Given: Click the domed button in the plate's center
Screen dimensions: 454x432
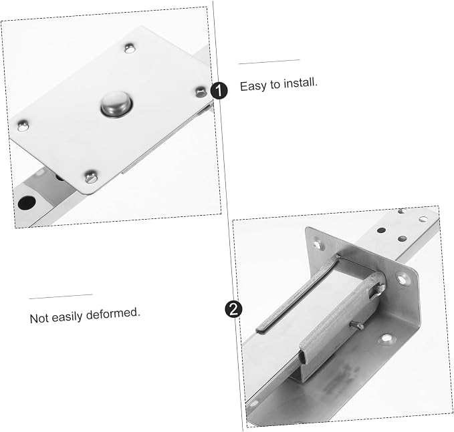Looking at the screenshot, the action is pyautogui.click(x=117, y=104).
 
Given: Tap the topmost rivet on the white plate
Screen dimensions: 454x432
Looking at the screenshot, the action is pyautogui.click(x=130, y=48).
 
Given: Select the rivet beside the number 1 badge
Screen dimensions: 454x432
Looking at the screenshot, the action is pyautogui.click(x=201, y=92).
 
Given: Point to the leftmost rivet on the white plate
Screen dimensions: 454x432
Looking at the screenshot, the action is pyautogui.click(x=23, y=126).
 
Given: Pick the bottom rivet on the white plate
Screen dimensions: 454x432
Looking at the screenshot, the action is pyautogui.click(x=91, y=176).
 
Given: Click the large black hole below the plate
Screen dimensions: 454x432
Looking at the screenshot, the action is pyautogui.click(x=27, y=203).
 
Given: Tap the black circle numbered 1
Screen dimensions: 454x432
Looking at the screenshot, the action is pyautogui.click(x=219, y=91).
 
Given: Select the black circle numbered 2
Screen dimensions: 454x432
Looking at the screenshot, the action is pyautogui.click(x=233, y=309).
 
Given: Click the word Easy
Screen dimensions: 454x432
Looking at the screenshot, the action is pyautogui.click(x=253, y=86).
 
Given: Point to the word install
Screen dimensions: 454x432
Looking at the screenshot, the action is pyautogui.click(x=300, y=83).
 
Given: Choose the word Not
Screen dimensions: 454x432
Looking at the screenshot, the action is pyautogui.click(x=39, y=318).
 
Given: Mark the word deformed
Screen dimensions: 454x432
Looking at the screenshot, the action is pyautogui.click(x=113, y=313).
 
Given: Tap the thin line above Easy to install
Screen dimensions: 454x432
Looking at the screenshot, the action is pyautogui.click(x=269, y=61).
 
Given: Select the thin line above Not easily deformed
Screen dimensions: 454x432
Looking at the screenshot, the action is pyautogui.click(x=61, y=296).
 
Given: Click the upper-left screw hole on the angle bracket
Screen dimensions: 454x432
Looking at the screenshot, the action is pyautogui.click(x=318, y=245).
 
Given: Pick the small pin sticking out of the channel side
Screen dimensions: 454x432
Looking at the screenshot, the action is pyautogui.click(x=356, y=325).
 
